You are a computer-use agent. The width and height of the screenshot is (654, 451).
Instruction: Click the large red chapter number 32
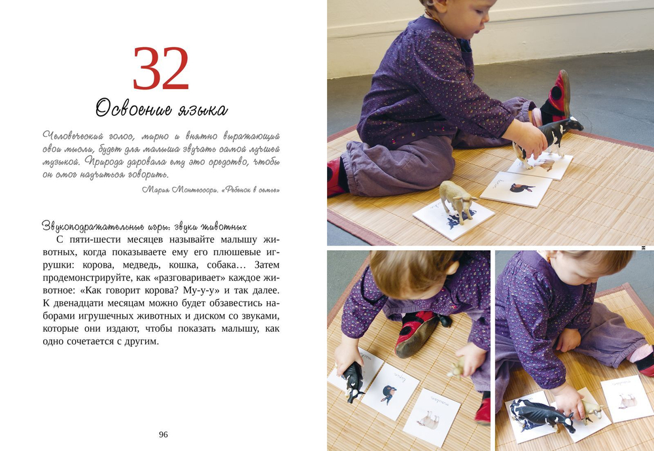pos(161,69)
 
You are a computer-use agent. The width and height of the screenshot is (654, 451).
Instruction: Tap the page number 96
pos(163,434)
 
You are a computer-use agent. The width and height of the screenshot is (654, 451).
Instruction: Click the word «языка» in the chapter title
pos(203,110)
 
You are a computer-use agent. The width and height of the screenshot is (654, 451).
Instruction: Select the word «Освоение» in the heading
pos(133,108)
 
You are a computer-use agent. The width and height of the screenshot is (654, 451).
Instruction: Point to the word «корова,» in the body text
pos(99,264)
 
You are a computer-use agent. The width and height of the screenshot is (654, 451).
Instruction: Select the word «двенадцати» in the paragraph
pos(77,303)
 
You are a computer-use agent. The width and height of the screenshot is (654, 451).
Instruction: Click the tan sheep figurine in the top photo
pos(457,199)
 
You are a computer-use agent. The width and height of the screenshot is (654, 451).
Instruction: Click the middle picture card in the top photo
pos(516,189)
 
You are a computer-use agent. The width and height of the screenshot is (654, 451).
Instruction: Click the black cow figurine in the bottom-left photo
pos(352,381)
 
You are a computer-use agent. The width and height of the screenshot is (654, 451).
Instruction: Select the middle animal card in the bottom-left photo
pos(390,391)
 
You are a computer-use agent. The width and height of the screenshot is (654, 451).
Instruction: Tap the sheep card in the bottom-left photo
pos(432,418)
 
